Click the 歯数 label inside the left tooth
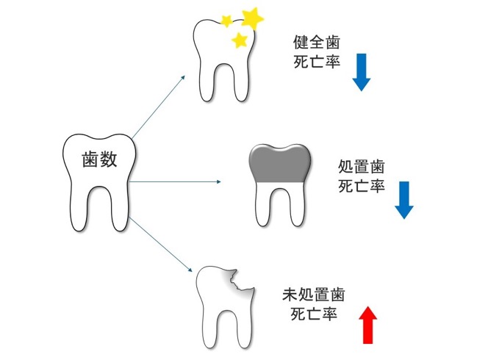point(99,159)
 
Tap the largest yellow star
point(252,19)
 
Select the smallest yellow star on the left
point(226,21)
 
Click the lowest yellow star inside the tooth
point(240,40)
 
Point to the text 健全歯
point(317,43)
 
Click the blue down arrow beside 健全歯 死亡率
point(362,72)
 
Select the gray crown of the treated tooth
point(280,163)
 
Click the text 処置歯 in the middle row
point(362,167)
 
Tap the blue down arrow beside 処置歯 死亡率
point(404,200)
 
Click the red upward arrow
point(367,325)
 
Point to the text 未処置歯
point(314,295)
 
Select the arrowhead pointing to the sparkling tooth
point(183,78)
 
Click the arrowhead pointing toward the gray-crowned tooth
point(219,181)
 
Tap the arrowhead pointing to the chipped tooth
point(190,270)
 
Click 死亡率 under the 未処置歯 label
point(314,314)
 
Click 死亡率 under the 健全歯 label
point(317,62)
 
